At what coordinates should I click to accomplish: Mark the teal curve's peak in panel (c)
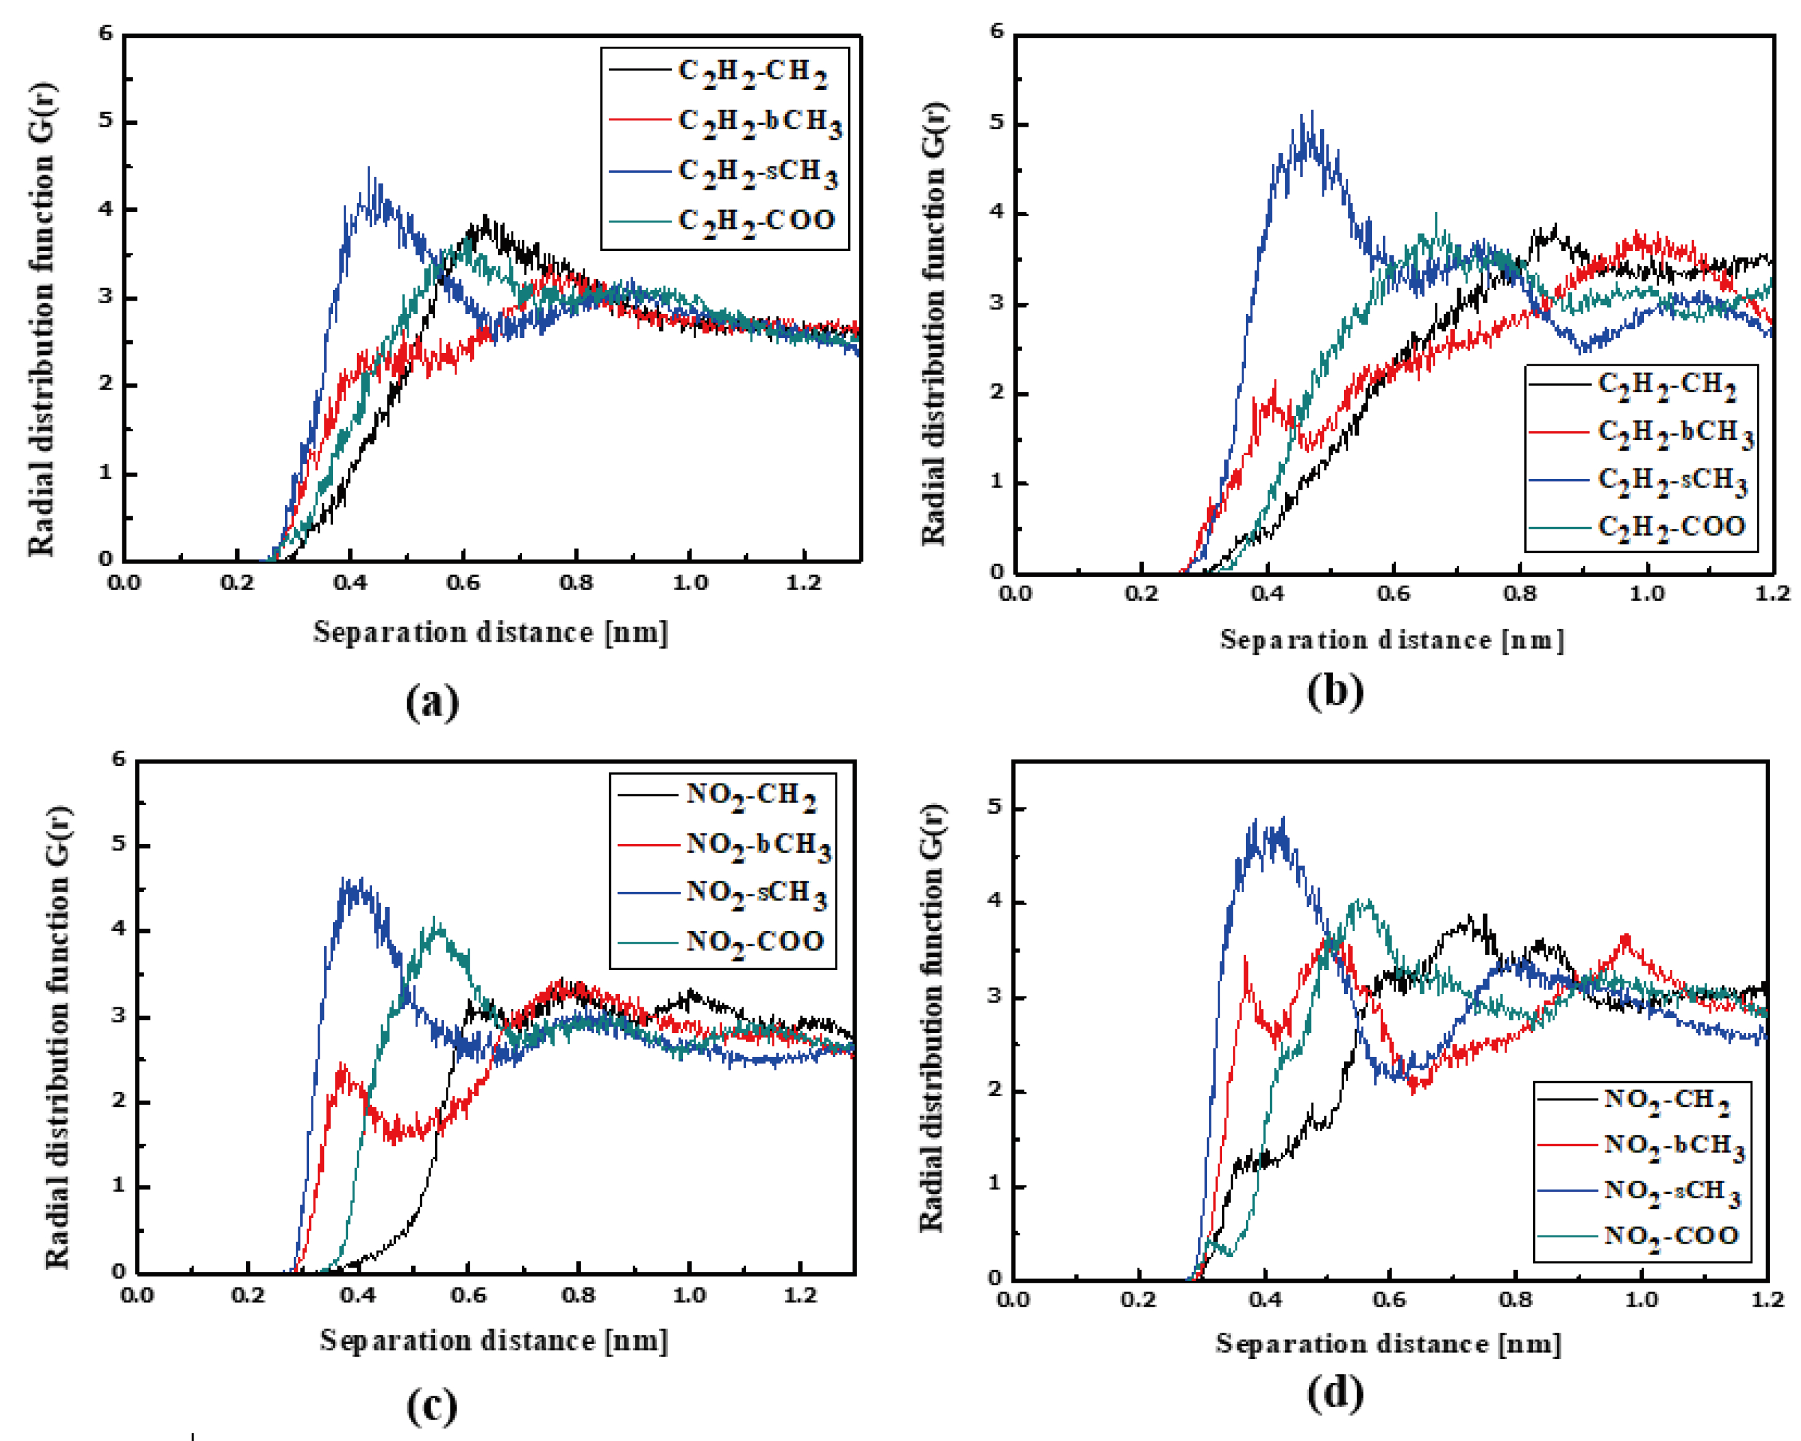[435, 920]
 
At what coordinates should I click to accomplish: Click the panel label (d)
[1335, 1392]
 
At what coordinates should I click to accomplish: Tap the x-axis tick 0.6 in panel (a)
[463, 582]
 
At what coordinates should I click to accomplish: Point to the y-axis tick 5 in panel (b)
[996, 124]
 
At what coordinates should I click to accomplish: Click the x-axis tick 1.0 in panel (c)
[689, 1296]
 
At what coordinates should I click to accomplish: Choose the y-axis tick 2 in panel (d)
[993, 1091]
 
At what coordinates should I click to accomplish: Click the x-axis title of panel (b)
[1392, 640]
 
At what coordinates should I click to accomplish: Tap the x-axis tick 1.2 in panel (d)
[1767, 1299]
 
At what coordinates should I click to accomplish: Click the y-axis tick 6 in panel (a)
[105, 33]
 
